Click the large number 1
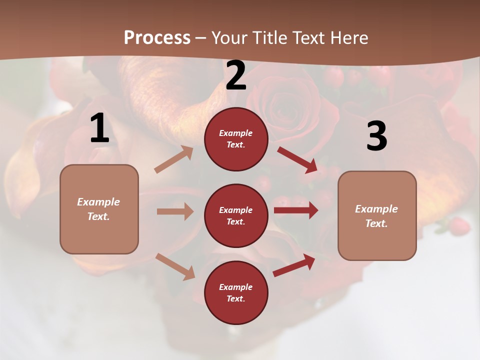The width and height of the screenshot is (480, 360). tap(99, 128)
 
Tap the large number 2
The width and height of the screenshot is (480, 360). tap(236, 76)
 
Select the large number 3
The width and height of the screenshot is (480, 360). tap(376, 136)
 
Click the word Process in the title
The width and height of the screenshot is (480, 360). tap(157, 37)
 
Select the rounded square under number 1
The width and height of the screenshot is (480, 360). tap(99, 209)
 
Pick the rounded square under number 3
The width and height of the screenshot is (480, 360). tap(377, 215)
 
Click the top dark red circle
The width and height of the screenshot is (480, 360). tap(236, 139)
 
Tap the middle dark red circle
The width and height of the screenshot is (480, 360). tap(236, 215)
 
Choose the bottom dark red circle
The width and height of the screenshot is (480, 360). tap(236, 292)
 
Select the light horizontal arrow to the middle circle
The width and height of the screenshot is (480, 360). tap(175, 211)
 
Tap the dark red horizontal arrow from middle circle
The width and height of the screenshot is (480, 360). tap(296, 210)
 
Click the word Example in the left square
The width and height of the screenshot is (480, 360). tap(98, 202)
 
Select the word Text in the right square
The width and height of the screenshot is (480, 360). tap(376, 223)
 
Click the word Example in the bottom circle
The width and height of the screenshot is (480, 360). tap(235, 287)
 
